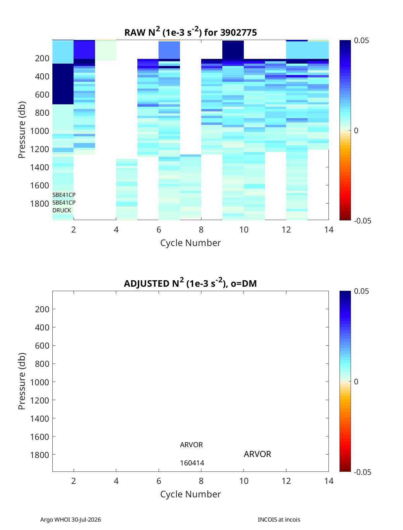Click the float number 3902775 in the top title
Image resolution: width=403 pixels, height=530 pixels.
pyautogui.click(x=238, y=33)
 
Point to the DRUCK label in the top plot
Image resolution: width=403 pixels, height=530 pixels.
pyautogui.click(x=62, y=210)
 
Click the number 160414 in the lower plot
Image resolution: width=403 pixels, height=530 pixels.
pyautogui.click(x=192, y=463)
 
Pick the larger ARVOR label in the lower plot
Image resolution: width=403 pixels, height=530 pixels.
pyautogui.click(x=257, y=454)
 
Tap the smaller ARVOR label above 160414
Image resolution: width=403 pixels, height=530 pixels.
pyautogui.click(x=191, y=445)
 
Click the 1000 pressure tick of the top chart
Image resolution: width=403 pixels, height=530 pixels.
pyautogui.click(x=40, y=131)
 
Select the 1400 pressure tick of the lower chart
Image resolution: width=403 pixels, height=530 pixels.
pyautogui.click(x=40, y=418)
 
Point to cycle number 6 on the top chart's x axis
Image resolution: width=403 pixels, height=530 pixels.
pyautogui.click(x=159, y=229)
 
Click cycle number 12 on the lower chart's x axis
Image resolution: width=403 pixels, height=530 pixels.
pyautogui.click(x=286, y=481)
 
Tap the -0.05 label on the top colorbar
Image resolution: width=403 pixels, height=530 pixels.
pyautogui.click(x=362, y=221)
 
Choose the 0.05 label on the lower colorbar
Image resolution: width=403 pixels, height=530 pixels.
pyautogui.click(x=361, y=291)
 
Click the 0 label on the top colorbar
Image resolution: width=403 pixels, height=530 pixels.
pyautogui.click(x=356, y=131)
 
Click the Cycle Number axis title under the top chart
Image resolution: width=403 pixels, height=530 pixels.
pyautogui.click(x=190, y=243)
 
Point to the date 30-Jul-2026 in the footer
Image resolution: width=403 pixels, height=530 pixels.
pyautogui.click(x=86, y=520)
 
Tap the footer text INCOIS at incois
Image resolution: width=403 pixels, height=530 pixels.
pyautogui.click(x=279, y=520)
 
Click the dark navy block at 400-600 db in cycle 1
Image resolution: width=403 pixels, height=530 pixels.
pyautogui.click(x=63, y=84)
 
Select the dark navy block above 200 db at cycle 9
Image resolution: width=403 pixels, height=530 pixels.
pyautogui.click(x=233, y=50)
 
